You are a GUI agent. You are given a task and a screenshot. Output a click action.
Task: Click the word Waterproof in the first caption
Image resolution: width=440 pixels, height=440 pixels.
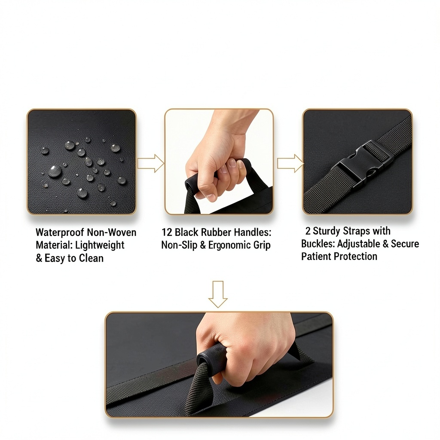[x=60, y=232]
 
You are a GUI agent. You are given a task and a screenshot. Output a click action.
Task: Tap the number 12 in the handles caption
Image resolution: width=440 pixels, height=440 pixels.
[x=167, y=232]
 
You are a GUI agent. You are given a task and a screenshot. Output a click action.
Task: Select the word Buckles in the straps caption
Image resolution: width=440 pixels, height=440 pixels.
[x=318, y=244]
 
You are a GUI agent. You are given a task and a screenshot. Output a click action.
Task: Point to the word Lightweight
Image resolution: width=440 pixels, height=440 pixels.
[x=100, y=245]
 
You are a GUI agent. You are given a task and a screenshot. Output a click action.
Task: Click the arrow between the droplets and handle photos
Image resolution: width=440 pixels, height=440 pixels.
[x=151, y=163]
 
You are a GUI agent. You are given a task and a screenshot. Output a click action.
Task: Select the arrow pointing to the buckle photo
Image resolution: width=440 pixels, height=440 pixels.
[x=290, y=163]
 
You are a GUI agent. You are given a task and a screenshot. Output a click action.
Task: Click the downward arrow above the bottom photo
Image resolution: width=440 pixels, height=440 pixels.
[x=218, y=294]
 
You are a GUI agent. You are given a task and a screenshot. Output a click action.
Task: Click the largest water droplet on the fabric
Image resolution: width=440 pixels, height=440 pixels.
[x=55, y=171]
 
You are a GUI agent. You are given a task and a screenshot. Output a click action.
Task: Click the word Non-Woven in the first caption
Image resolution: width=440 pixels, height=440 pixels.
[x=112, y=232]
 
